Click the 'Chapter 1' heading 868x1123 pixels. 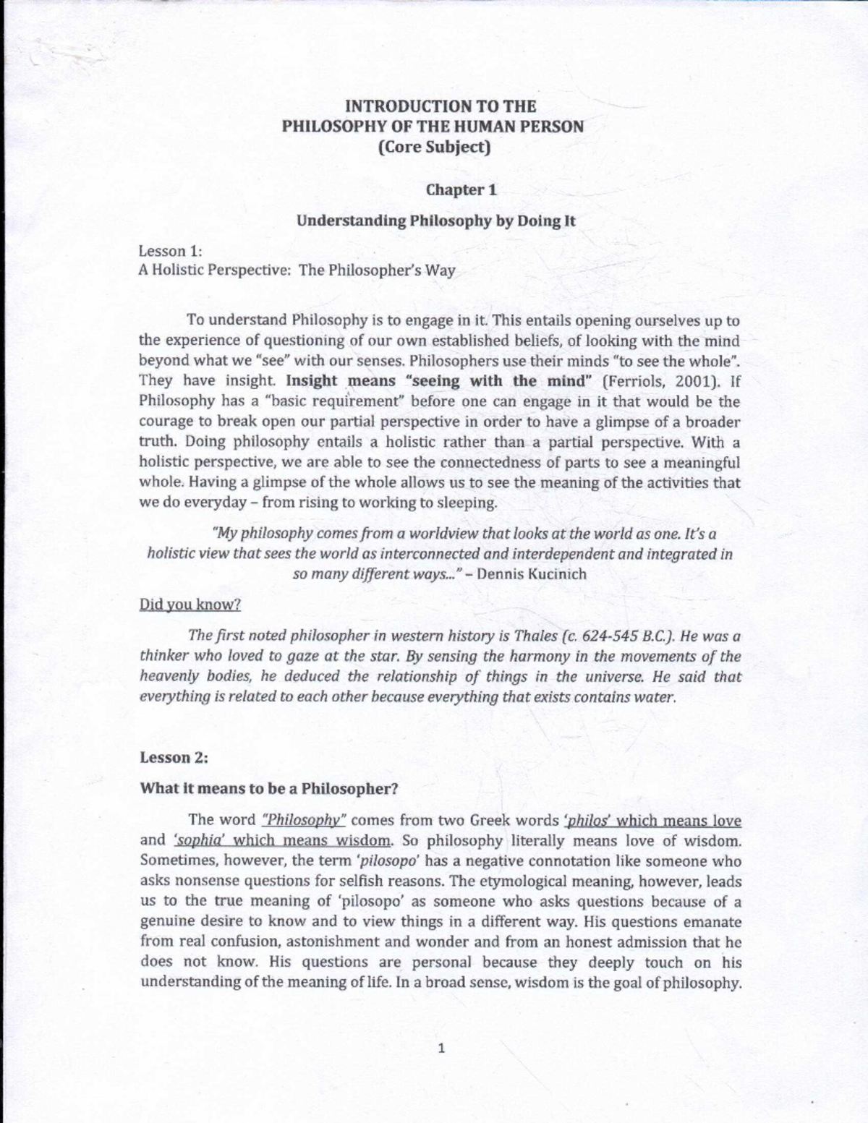click(461, 190)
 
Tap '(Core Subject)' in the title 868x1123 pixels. click(433, 147)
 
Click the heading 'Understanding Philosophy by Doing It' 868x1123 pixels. click(435, 221)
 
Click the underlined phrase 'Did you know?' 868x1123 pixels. click(190, 605)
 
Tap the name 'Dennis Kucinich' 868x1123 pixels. click(532, 574)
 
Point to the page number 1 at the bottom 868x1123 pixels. click(441, 1049)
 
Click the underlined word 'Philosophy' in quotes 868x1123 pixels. click(305, 820)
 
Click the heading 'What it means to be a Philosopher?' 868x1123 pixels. click(269, 788)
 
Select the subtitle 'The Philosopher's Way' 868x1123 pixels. click(377, 270)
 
